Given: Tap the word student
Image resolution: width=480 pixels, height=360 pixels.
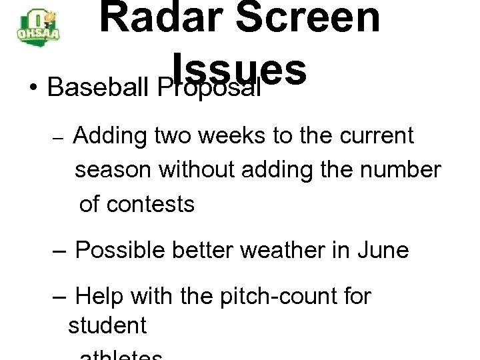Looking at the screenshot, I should click(x=107, y=326).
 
